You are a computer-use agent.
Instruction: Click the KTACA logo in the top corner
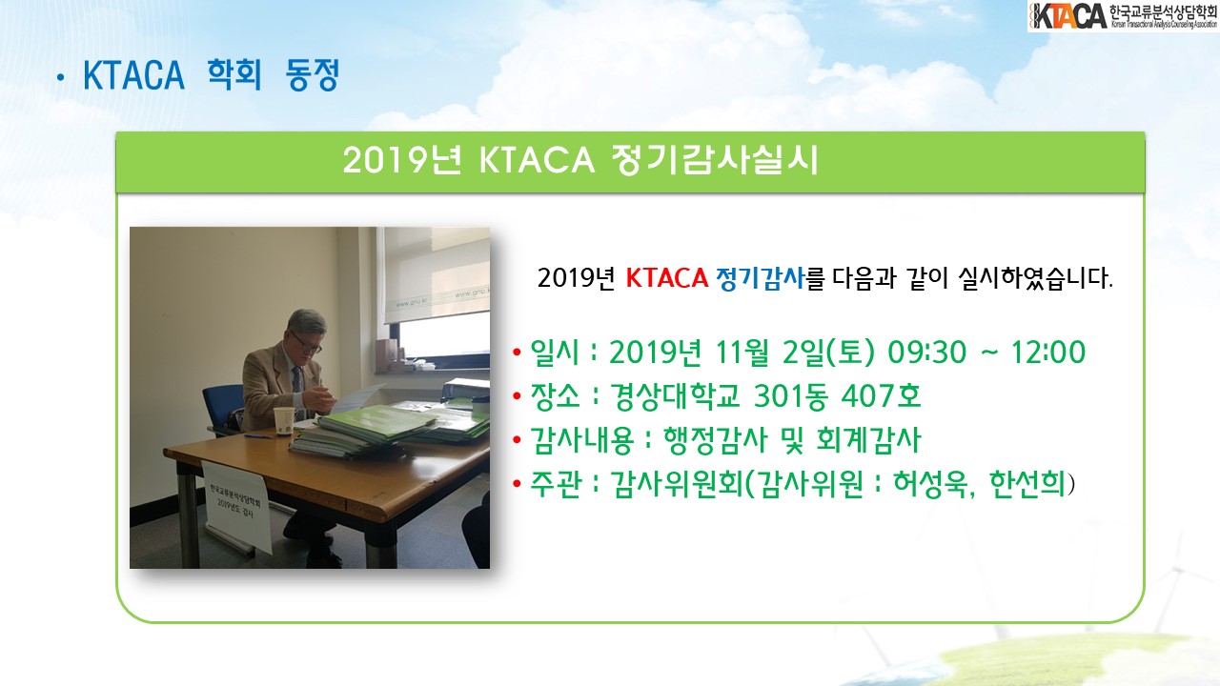pos(1123,16)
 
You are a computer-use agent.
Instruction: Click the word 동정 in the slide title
pos(313,74)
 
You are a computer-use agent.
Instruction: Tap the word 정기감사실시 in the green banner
pos(715,160)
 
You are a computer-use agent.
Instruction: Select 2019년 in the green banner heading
pos(402,160)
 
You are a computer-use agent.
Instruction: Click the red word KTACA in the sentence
pos(666,278)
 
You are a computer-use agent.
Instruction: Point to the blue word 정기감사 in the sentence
pos(760,278)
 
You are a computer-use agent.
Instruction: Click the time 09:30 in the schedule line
pos(926,353)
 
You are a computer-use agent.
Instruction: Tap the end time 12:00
pos(1048,353)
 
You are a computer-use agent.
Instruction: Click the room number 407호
pos(881,395)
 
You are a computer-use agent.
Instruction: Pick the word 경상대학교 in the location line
pos(674,395)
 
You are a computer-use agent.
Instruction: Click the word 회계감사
pos(868,440)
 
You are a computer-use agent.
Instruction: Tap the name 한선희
pos(1027,483)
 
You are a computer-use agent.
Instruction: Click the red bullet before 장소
pos(517,395)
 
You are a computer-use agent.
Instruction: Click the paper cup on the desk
pos(283,421)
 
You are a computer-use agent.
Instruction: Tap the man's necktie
pos(296,387)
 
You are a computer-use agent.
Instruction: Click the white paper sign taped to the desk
pos(237,505)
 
